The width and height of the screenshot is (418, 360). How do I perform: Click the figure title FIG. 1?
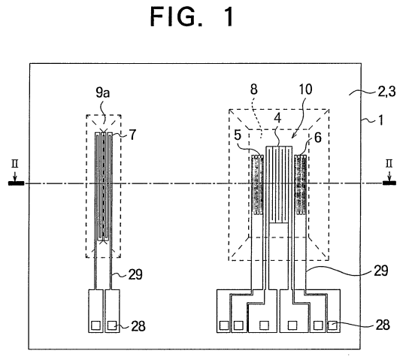click(x=192, y=17)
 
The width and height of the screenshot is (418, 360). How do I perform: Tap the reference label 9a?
click(x=103, y=92)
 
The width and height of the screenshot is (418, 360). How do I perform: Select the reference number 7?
click(x=133, y=135)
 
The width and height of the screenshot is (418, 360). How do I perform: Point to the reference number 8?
click(x=254, y=89)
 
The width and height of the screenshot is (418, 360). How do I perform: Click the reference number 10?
click(x=305, y=89)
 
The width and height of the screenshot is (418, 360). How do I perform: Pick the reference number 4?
click(x=277, y=118)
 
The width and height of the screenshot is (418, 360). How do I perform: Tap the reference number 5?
click(x=238, y=135)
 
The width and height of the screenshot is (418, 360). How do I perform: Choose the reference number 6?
click(x=318, y=138)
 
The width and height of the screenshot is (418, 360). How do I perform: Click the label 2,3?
click(x=387, y=92)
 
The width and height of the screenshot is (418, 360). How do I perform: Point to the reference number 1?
click(x=381, y=120)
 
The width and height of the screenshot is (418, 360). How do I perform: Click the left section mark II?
click(x=15, y=163)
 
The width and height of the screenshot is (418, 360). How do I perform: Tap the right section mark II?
click(x=389, y=163)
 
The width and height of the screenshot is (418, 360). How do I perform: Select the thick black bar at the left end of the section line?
click(x=17, y=183)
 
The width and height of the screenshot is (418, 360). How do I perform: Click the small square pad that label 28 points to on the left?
click(x=112, y=325)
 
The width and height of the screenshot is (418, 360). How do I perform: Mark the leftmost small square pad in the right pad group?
click(x=224, y=325)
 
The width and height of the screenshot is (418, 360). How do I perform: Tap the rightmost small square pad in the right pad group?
click(x=332, y=325)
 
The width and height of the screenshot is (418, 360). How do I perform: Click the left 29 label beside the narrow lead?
click(x=135, y=274)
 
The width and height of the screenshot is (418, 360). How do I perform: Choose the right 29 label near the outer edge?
click(x=380, y=271)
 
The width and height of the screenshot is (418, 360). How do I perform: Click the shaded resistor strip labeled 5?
click(x=258, y=185)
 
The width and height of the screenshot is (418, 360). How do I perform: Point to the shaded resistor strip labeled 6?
click(x=301, y=185)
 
